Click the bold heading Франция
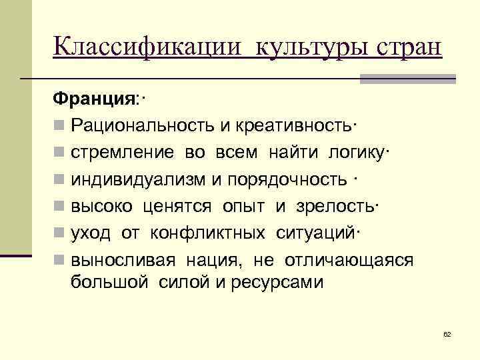[94, 99]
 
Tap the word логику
[357, 152]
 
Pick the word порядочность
[287, 179]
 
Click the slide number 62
[447, 333]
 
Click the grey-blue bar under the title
[407, 79]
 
